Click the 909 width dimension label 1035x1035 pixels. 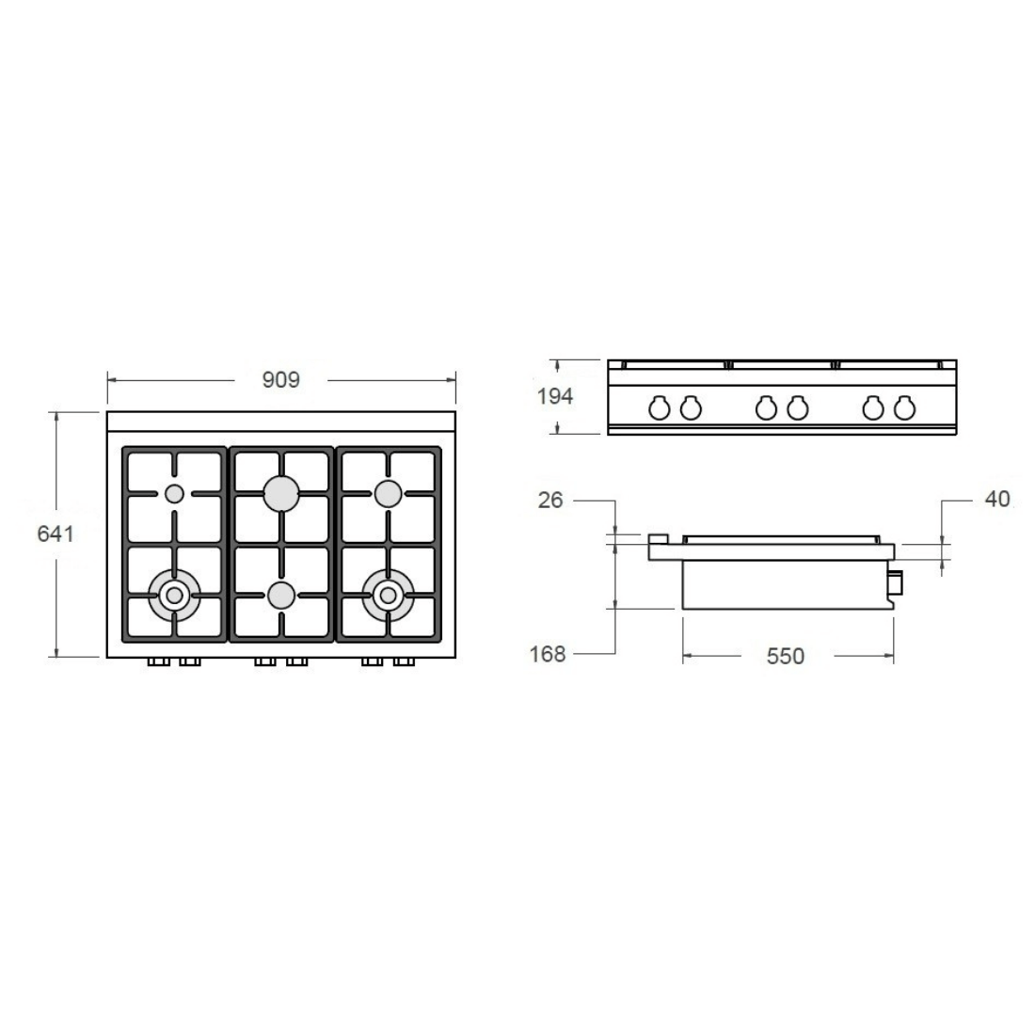(280, 380)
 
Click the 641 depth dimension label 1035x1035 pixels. (56, 533)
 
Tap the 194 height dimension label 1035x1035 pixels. (555, 396)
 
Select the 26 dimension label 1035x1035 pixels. (550, 500)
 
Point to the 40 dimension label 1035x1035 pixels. (996, 499)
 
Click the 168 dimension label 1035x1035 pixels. (548, 654)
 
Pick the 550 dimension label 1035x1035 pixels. (786, 656)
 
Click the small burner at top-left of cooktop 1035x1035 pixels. (174, 493)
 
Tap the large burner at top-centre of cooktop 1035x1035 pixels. (281, 493)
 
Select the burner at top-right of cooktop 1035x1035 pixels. (388, 493)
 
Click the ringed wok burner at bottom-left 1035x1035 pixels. (174, 595)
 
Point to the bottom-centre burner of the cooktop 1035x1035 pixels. (280, 595)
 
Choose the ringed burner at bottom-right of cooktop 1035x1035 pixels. (388, 595)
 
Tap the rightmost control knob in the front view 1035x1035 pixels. (904, 407)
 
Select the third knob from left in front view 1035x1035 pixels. (766, 407)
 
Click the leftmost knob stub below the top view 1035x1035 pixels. (158, 662)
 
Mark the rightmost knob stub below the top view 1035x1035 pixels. (404, 662)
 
